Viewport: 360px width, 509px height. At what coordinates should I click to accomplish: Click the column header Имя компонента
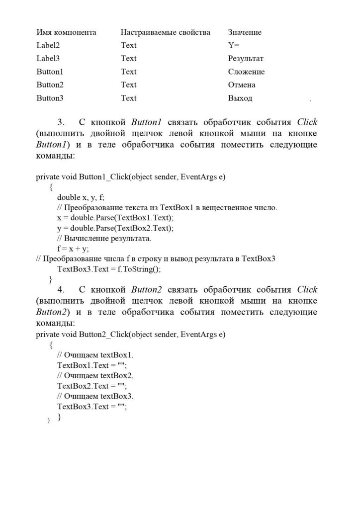click(x=66, y=32)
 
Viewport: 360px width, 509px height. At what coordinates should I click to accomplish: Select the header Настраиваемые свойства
click(x=165, y=32)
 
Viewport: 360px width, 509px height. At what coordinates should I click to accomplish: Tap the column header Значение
click(x=245, y=32)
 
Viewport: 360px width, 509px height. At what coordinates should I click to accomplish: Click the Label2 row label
click(x=48, y=45)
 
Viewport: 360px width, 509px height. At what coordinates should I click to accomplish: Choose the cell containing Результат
click(x=246, y=59)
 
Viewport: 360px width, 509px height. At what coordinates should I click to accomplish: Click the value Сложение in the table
click(x=246, y=72)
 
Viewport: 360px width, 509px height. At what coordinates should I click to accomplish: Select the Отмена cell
click(x=242, y=85)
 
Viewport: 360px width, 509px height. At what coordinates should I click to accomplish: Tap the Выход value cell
click(x=240, y=98)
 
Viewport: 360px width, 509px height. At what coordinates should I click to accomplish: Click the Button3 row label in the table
click(x=50, y=98)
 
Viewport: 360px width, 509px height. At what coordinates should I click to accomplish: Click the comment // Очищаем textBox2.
click(x=95, y=375)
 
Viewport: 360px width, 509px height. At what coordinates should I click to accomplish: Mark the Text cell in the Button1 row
click(x=128, y=72)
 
